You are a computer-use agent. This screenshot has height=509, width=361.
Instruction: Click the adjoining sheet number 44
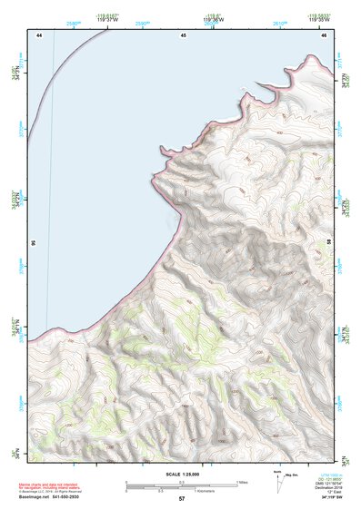click(x=40, y=34)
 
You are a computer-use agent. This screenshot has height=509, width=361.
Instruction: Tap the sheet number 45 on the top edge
click(x=183, y=34)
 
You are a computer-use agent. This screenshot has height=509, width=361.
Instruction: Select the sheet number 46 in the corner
click(x=324, y=34)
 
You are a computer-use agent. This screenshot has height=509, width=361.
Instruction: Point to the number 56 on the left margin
click(x=32, y=243)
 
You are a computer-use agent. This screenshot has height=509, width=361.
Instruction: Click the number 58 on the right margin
click(x=328, y=243)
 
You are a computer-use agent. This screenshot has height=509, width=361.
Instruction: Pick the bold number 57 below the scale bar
click(x=182, y=499)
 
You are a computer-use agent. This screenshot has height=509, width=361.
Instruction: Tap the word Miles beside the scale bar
click(x=241, y=482)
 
